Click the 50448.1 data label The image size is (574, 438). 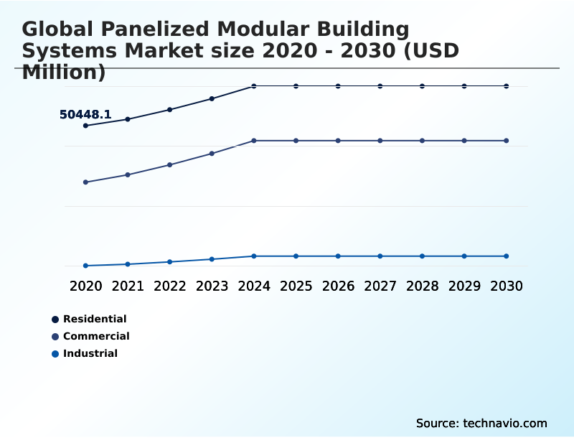coord(85,114)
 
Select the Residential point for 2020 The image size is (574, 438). coord(85,126)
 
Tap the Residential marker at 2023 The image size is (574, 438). coord(212,98)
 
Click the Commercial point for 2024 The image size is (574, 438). coord(254,141)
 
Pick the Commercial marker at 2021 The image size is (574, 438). coord(128,174)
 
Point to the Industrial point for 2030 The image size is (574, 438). coord(506,256)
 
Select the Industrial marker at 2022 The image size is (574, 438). coord(170,261)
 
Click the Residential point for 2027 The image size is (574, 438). coord(380,86)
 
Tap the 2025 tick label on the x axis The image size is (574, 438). coord(296,286)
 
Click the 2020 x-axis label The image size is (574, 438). coord(85,286)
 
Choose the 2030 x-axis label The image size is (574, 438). coord(506,286)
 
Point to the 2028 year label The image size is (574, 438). coord(422,286)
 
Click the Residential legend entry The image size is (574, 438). coord(94,319)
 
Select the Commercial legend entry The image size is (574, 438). coord(95,336)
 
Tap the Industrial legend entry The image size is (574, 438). coord(90,353)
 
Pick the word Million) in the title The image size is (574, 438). coord(64,72)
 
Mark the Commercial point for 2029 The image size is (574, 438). coord(464,141)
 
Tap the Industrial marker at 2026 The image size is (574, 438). coord(338,256)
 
